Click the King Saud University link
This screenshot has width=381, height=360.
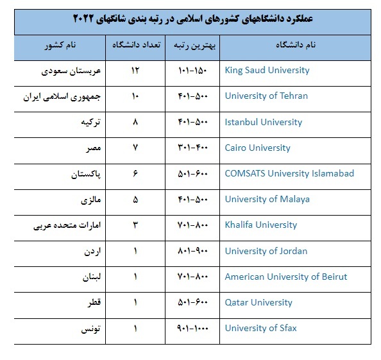pos(267,70)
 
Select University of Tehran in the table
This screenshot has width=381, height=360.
pos(266,96)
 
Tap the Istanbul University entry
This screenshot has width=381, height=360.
pos(263,122)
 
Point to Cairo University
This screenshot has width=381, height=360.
pos(257,148)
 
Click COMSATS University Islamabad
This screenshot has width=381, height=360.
pos(289,173)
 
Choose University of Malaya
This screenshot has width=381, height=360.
pos(267,199)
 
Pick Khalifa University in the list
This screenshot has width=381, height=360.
pos(261,225)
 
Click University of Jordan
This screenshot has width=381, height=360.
pos(266,251)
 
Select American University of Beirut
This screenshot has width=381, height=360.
pos(285,277)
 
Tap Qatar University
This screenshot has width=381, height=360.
pos(258,302)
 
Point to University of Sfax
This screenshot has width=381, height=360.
pos(260,328)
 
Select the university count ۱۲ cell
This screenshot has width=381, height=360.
pos(135,70)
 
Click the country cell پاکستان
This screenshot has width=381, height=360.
pos(85,173)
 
